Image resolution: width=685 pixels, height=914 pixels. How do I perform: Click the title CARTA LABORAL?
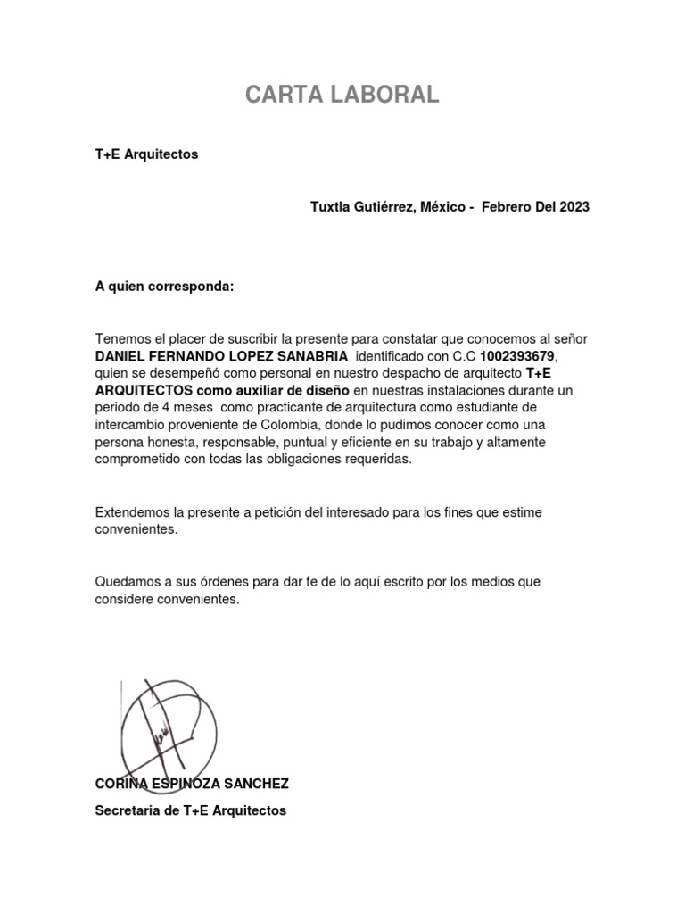(x=342, y=96)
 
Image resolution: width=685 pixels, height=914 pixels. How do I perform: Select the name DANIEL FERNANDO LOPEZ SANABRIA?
(x=221, y=356)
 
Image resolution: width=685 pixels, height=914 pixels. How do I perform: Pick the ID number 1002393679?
(x=518, y=356)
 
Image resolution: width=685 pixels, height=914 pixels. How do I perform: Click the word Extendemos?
(x=133, y=512)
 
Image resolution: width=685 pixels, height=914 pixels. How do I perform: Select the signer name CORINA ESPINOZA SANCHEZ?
(x=192, y=784)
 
